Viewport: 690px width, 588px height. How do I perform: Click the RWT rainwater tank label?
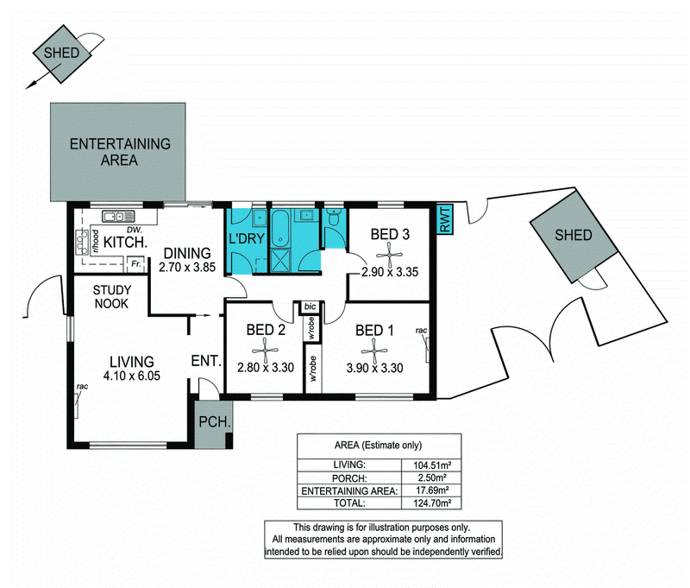tap(445, 219)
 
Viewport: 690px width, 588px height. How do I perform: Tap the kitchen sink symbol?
tap(118, 216)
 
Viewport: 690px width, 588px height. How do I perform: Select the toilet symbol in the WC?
tap(335, 217)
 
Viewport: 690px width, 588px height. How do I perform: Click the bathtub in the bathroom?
tap(279, 228)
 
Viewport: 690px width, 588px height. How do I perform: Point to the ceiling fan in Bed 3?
tap(390, 255)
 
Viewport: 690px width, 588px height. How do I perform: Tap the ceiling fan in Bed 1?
tap(373, 351)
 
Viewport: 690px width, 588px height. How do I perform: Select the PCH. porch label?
tap(214, 422)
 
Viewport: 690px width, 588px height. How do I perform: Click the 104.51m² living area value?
tap(432, 465)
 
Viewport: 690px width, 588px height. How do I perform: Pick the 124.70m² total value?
tap(432, 503)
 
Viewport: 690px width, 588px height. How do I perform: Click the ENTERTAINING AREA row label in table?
tap(349, 490)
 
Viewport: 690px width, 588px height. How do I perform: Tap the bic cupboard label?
tap(310, 307)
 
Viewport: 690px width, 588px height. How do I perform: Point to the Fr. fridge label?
tap(136, 264)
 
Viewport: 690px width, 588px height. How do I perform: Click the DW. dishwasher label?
tap(134, 230)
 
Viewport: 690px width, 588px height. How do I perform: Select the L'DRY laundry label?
tap(247, 238)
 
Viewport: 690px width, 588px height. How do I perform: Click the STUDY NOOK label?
tap(112, 297)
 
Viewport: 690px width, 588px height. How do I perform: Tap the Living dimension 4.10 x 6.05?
tap(132, 376)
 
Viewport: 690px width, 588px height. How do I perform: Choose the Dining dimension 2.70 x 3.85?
tap(187, 267)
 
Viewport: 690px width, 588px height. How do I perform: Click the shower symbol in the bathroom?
tap(279, 261)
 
